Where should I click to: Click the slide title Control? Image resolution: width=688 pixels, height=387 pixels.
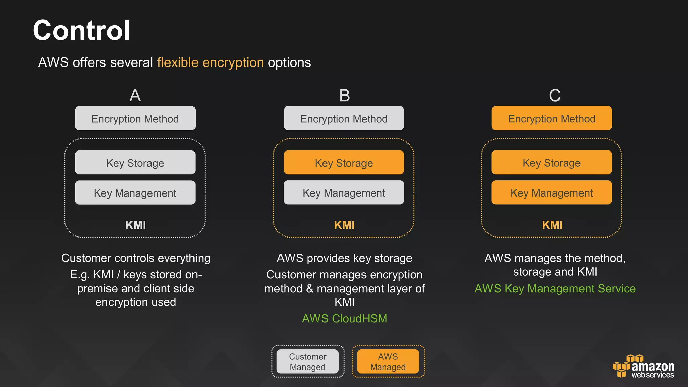81,31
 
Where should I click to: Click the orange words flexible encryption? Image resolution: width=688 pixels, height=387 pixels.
210,63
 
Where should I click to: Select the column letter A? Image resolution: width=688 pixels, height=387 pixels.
135,95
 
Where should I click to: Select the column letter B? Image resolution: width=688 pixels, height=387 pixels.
344,95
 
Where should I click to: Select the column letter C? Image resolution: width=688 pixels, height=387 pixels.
555,95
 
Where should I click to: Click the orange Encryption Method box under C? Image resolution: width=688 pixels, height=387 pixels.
552,119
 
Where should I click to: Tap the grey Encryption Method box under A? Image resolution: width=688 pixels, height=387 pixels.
135,119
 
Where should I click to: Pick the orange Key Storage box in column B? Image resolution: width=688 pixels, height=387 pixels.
344,163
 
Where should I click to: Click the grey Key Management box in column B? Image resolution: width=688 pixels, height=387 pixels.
344,193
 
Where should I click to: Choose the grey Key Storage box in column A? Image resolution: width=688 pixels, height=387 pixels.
135,163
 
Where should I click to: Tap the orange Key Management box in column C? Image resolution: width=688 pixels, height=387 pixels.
552,193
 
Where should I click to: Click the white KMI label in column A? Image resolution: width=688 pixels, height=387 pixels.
135,225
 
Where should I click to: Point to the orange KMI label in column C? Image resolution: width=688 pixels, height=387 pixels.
552,225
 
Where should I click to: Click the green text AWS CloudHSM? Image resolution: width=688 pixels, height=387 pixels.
344,318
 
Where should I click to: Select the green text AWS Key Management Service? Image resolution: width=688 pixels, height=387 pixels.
555,289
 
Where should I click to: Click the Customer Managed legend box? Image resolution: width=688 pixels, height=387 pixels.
307,361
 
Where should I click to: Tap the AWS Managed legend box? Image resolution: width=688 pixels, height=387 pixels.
388,361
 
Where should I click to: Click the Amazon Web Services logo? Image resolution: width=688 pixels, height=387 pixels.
644,367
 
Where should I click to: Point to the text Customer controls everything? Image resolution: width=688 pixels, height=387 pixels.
136,258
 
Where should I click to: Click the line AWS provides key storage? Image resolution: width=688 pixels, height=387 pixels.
344,258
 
